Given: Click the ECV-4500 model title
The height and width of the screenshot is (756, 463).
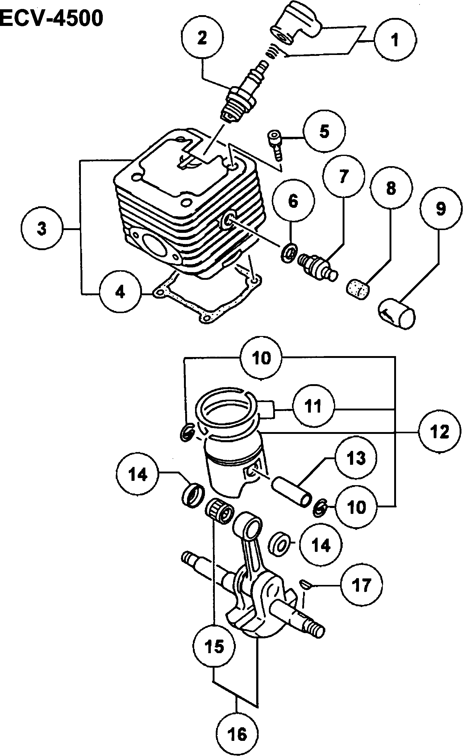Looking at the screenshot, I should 51,19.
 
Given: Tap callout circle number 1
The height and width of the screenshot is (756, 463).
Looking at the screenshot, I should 395,40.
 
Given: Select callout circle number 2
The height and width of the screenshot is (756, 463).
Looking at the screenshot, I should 202,39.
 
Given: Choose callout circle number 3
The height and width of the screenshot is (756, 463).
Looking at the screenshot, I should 42,229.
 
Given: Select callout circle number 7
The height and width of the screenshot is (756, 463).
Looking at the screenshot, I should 344,177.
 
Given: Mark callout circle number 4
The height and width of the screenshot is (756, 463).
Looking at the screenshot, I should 120,292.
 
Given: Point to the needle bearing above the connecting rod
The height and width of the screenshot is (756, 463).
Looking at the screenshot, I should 219,511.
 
